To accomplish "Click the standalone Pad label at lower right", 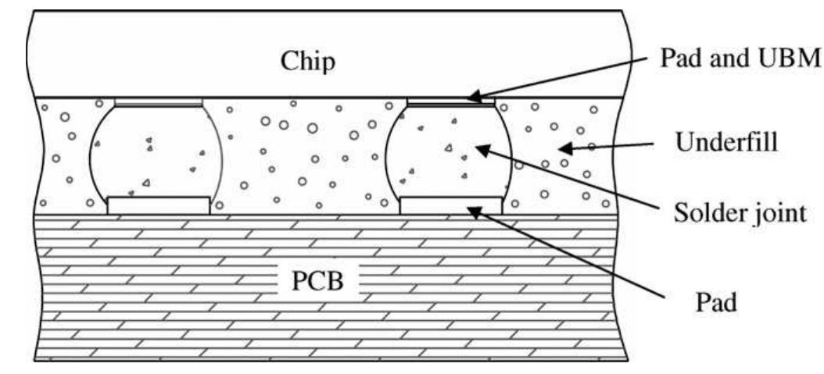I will [716, 302].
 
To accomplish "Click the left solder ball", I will [156, 152].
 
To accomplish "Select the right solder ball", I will [449, 152].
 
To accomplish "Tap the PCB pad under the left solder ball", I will [159, 205].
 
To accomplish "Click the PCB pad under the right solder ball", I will [451, 205].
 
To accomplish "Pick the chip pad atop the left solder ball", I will [159, 102].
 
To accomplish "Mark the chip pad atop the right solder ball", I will [451, 102].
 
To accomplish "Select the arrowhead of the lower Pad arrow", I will [469, 207].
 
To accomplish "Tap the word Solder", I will [707, 212].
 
